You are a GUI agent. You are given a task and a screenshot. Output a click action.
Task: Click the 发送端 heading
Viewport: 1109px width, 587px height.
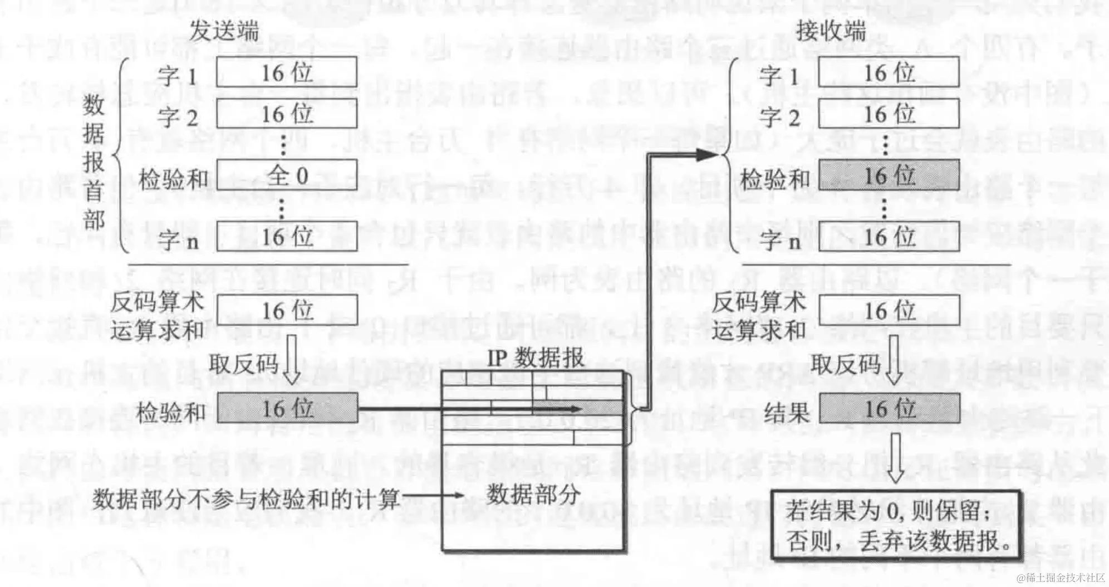click(224, 31)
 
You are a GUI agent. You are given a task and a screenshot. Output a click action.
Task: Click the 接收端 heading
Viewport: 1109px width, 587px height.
click(831, 31)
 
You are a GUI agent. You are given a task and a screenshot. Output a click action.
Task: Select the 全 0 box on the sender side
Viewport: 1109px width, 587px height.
click(287, 176)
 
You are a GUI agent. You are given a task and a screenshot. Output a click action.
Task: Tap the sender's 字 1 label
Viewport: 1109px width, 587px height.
click(177, 76)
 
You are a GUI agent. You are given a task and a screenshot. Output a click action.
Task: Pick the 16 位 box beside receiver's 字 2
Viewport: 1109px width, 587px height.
click(889, 114)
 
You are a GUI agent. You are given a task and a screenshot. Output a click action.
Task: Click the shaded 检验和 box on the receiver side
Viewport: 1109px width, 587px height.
click(889, 176)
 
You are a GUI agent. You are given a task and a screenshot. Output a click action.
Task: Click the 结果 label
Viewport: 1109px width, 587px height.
click(786, 412)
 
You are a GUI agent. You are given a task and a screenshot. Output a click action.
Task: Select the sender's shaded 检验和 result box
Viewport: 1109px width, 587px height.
click(287, 408)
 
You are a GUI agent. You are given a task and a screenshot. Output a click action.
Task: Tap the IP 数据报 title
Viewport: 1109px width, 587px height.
click(536, 358)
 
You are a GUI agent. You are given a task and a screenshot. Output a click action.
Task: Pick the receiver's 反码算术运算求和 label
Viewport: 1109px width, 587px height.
click(758, 316)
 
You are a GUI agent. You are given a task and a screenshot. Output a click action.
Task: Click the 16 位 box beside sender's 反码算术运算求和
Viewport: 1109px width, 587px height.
click(287, 310)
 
